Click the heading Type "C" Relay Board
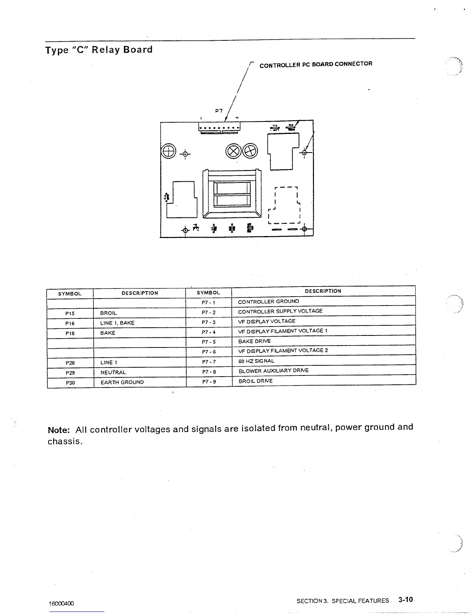click(x=99, y=50)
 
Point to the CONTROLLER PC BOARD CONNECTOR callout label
click(x=316, y=64)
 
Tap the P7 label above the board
click(x=219, y=111)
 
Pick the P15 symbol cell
click(x=70, y=313)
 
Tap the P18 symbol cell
click(x=70, y=333)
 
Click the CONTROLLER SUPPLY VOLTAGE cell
click(x=280, y=311)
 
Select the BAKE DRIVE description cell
click(x=254, y=341)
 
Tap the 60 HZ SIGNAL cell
click(x=256, y=361)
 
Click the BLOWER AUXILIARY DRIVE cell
click(x=274, y=371)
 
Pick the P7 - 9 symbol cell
click(x=209, y=382)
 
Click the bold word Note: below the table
click(x=59, y=430)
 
